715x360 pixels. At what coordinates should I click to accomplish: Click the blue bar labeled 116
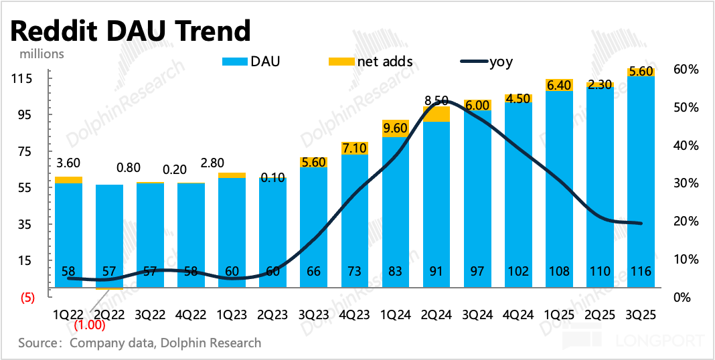point(641,181)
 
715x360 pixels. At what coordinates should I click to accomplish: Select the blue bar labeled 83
point(396,214)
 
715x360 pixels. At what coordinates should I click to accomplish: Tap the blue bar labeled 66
point(313,228)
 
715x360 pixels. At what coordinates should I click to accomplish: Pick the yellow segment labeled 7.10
point(355,148)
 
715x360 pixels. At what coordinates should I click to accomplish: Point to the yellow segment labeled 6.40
point(559,85)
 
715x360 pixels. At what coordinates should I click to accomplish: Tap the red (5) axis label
point(27,298)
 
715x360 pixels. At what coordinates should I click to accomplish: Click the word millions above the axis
point(42,54)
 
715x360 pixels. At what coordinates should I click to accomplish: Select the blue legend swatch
point(234,62)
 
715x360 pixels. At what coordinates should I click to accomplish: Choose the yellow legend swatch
point(341,62)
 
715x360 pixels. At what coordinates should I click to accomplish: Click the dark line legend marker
point(475,62)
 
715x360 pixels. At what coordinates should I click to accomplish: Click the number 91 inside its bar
point(436,272)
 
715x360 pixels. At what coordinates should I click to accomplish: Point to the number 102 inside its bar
point(518,272)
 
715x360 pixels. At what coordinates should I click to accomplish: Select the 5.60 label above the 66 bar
point(313,162)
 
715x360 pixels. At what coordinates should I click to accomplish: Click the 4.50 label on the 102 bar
point(518,98)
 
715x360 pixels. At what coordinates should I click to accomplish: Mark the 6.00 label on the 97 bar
point(477,106)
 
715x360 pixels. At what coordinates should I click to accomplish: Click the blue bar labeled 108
point(559,187)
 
